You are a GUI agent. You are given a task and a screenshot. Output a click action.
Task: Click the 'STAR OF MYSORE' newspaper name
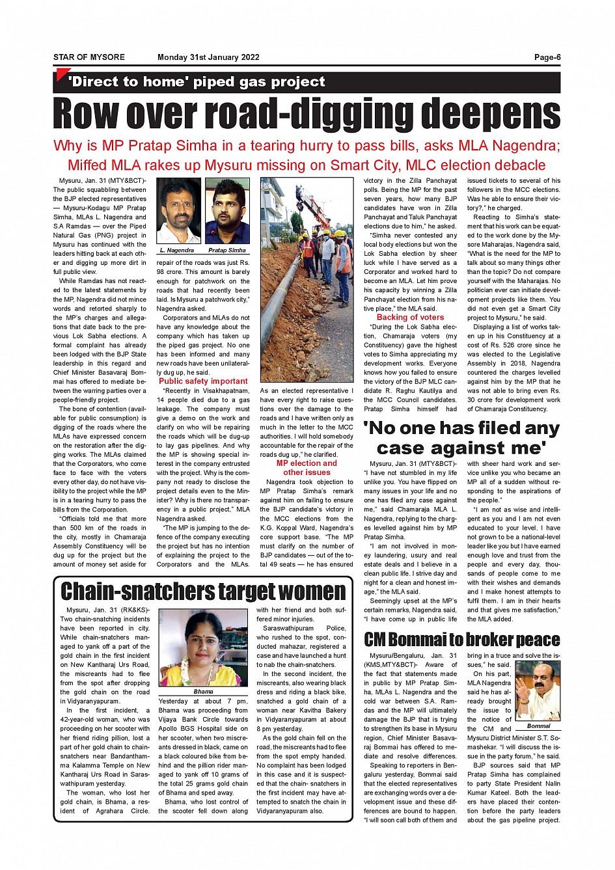click(89, 57)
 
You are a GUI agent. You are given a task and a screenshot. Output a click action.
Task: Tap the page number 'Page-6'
click(547, 57)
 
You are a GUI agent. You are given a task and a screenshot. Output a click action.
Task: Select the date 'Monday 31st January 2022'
click(208, 57)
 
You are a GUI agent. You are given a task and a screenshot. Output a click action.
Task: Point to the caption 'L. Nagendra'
click(176, 250)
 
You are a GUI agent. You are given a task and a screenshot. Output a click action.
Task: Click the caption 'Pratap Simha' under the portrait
click(227, 250)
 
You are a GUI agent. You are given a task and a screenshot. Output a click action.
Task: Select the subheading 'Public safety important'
click(203, 381)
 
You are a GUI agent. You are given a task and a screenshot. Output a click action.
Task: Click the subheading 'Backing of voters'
click(410, 318)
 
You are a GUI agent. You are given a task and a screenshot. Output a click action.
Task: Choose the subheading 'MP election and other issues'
click(307, 468)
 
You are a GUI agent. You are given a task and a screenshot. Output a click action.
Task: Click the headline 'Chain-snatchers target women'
click(203, 591)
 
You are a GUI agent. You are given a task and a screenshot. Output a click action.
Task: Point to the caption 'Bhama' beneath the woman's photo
click(203, 692)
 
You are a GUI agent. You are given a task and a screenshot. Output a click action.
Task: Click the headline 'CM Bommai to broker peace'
click(462, 639)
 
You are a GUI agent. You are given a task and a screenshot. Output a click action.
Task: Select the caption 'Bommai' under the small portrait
click(538, 726)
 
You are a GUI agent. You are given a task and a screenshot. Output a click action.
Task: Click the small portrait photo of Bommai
click(539, 691)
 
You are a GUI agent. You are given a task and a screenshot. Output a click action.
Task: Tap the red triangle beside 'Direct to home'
click(62, 75)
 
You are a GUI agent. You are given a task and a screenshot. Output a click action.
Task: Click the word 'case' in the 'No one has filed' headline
click(405, 448)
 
